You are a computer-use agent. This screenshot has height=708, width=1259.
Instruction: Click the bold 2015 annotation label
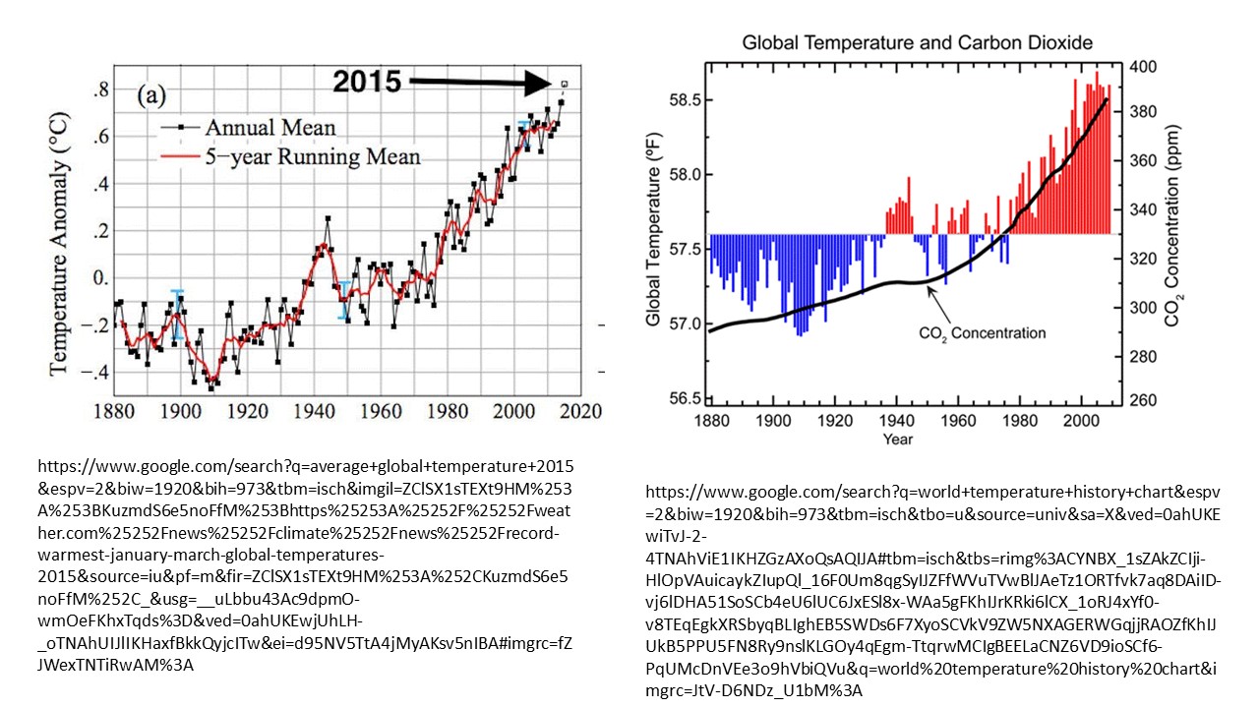pos(366,83)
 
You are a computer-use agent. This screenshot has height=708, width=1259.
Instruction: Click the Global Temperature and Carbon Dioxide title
pos(917,43)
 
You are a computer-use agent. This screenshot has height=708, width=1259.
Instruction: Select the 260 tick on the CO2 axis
pos(1141,400)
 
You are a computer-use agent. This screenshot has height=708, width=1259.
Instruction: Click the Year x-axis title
pos(896,439)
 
